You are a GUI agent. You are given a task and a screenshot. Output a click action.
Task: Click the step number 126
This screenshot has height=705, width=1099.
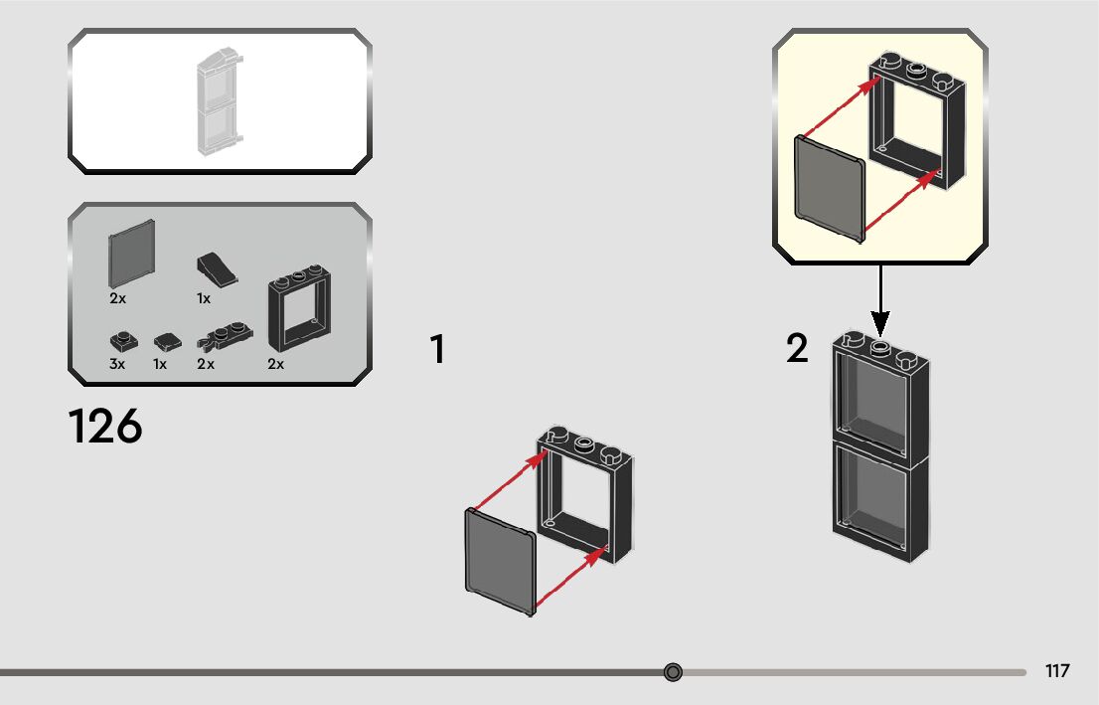(105, 427)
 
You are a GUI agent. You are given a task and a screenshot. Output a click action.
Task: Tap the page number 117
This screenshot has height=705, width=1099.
(1057, 671)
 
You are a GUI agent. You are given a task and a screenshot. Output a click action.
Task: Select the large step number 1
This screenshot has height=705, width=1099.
(436, 350)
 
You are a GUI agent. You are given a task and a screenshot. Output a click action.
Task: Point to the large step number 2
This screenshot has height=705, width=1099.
(797, 349)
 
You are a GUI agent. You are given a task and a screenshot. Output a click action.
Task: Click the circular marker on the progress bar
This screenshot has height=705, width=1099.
(673, 672)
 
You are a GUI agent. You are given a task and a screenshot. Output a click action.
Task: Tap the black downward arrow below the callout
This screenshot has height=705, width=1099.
(879, 299)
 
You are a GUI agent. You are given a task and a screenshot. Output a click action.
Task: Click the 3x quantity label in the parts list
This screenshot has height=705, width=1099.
(117, 365)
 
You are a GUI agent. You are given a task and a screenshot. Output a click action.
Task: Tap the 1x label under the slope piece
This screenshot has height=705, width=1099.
(203, 298)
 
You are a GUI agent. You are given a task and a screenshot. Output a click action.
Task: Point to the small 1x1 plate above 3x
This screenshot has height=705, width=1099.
(122, 341)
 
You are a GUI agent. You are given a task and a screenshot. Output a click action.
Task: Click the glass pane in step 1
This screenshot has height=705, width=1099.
(500, 562)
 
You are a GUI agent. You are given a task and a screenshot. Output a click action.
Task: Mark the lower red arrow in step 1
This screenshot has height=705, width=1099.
(570, 580)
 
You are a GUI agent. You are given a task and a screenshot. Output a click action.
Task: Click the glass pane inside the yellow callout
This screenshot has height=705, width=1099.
(830, 188)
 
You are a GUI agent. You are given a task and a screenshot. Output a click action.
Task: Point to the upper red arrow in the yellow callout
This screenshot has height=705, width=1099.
(838, 109)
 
